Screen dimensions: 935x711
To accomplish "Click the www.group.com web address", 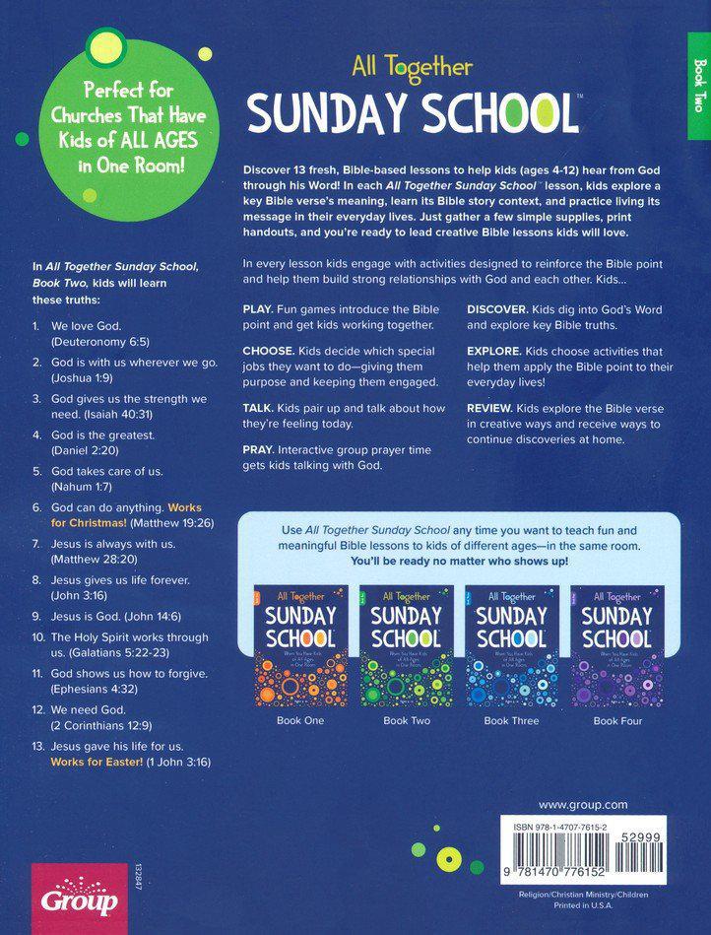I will click(582, 805).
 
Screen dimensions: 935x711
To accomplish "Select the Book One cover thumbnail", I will click(299, 646).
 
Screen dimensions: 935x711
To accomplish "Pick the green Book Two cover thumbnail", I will click(407, 646).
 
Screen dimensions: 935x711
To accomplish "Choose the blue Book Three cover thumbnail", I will click(511, 646).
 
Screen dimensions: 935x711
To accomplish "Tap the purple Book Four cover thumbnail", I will click(618, 646).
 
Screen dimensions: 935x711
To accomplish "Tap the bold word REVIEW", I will click(493, 409).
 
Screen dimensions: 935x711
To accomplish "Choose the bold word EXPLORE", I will click(498, 351).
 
